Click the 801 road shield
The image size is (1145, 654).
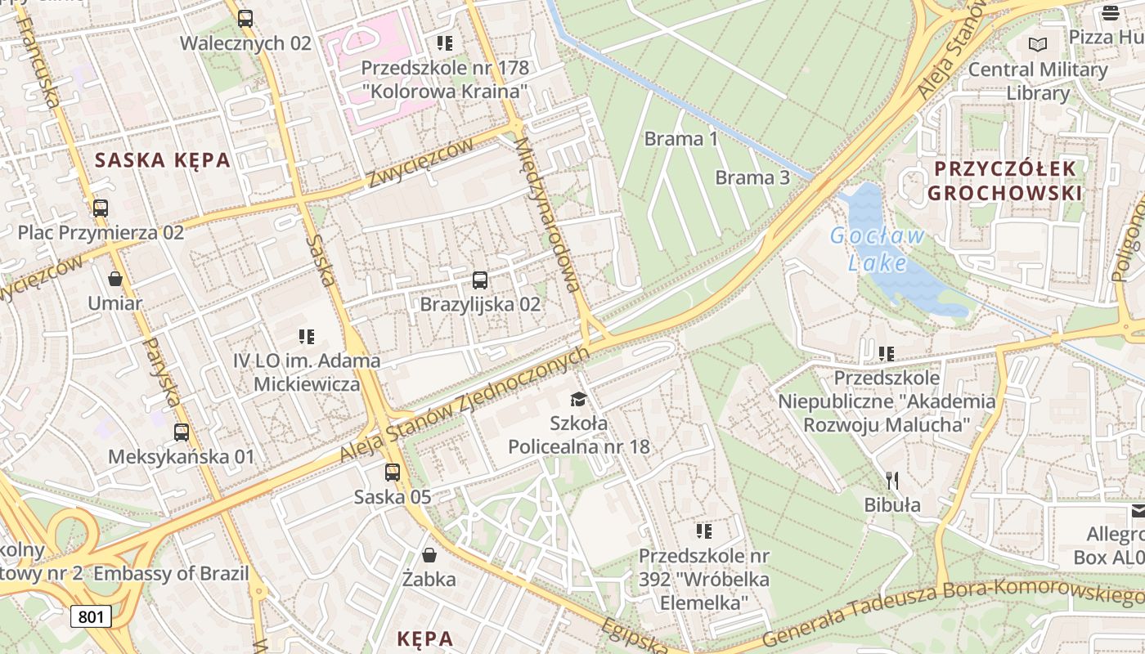[x=90, y=616]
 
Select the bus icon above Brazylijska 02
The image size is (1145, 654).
[x=480, y=280]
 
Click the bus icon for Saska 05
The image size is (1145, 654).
[x=393, y=472]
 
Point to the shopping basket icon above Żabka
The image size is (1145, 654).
[x=429, y=556]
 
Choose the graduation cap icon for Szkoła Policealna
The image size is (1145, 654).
[x=579, y=399]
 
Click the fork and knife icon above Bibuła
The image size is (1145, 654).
[x=892, y=480]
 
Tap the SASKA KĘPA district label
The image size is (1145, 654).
[x=163, y=160]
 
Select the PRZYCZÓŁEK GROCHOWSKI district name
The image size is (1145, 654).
[x=1005, y=181]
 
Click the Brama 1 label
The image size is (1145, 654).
[x=681, y=139]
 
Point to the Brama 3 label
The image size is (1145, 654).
[x=752, y=177]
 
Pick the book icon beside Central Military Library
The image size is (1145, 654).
[x=1038, y=44]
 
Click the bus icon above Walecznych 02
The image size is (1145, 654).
[x=245, y=18]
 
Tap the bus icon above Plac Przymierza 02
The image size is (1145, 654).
[x=101, y=208]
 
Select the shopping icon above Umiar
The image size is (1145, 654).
[x=115, y=279]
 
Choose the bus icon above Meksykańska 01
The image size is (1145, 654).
[x=182, y=432]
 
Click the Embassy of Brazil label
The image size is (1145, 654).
[x=171, y=573]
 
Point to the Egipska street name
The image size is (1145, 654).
[x=634, y=637]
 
